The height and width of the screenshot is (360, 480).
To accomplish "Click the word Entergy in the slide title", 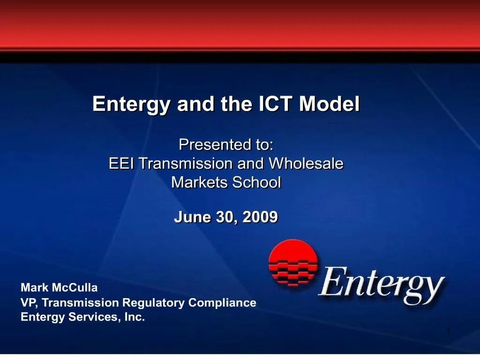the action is [x=131, y=105].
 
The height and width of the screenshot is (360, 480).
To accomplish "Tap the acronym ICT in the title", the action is [x=275, y=104].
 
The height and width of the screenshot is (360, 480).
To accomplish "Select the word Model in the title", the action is [x=330, y=104].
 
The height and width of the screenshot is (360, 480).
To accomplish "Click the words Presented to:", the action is [x=226, y=144].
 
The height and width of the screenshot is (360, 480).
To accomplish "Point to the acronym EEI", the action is [x=121, y=164].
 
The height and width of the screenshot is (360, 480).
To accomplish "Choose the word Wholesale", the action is [x=306, y=164].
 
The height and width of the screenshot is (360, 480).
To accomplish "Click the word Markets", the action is [x=199, y=182].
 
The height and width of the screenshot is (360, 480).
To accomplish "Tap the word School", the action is [x=256, y=182].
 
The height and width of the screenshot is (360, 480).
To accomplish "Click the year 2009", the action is [x=260, y=217].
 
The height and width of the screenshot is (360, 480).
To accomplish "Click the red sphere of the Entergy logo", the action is [x=293, y=262].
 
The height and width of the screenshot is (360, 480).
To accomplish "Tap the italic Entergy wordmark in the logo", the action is [x=382, y=285].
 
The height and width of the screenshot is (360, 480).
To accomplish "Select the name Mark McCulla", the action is [x=59, y=288].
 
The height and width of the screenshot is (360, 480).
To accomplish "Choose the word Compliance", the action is [x=222, y=303].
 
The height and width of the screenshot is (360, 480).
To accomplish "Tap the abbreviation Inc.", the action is [x=135, y=317].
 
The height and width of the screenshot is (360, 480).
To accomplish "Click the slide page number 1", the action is [x=449, y=331].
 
